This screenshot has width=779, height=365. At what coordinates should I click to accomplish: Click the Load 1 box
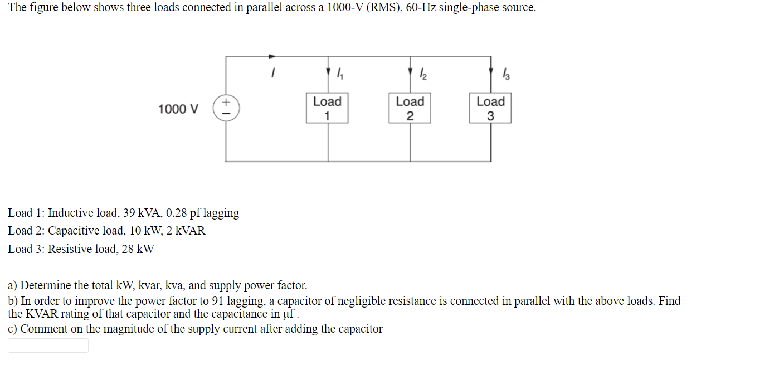pyautogui.click(x=327, y=108)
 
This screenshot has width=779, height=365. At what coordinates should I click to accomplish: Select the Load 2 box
pyautogui.click(x=410, y=108)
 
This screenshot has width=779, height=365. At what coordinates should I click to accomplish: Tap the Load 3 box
pyautogui.click(x=490, y=108)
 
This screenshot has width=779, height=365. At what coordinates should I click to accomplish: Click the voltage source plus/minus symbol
pyautogui.click(x=226, y=108)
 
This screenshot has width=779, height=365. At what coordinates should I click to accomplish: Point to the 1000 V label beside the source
pyautogui.click(x=178, y=109)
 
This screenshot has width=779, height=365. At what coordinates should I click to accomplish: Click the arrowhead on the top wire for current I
pyautogui.click(x=272, y=56)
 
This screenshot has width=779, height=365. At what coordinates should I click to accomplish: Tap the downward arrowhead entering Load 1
pyautogui.click(x=328, y=72)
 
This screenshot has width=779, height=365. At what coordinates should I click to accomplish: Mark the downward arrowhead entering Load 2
pyautogui.click(x=410, y=72)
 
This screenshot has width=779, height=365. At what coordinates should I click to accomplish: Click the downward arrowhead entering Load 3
pyautogui.click(x=491, y=72)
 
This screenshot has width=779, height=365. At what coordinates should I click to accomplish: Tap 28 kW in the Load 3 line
pyautogui.click(x=138, y=249)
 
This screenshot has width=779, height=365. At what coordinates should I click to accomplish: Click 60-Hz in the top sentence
pyautogui.click(x=421, y=8)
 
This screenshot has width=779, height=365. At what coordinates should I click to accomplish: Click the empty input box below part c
pyautogui.click(x=48, y=345)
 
